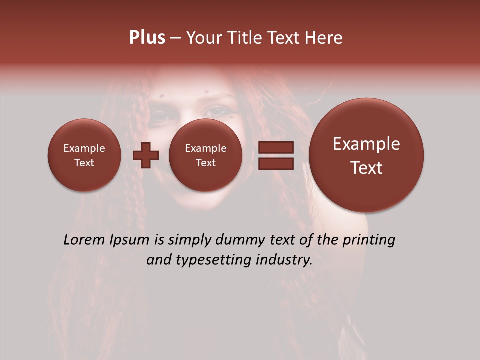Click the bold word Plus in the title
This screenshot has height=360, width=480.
coord(147,37)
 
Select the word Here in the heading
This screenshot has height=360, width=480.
coord(324,37)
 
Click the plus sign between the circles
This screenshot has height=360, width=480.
coord(145,155)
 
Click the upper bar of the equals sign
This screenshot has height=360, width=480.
coord(276,148)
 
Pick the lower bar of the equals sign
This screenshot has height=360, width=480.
coord(276,163)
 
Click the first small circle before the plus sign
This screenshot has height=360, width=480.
coord(84,155)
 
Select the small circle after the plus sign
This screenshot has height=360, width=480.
coord(205,155)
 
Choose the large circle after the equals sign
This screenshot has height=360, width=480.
coord(366,155)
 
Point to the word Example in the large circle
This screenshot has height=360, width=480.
coord(366,144)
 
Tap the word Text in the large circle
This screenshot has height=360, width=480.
coord(366,168)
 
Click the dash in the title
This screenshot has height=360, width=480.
coord(175,38)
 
